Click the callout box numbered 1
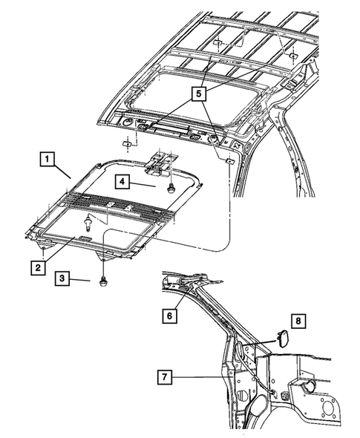click(x=45, y=159)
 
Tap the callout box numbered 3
click(x=65, y=278)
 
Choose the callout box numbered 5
click(x=198, y=94)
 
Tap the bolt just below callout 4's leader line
click(x=171, y=187)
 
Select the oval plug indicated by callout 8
click(x=282, y=339)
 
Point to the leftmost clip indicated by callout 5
click(x=126, y=143)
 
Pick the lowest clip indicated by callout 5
click(x=229, y=160)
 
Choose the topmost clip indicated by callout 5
click(x=217, y=43)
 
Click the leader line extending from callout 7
click(x=200, y=377)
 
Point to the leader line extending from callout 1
click(x=64, y=171)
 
